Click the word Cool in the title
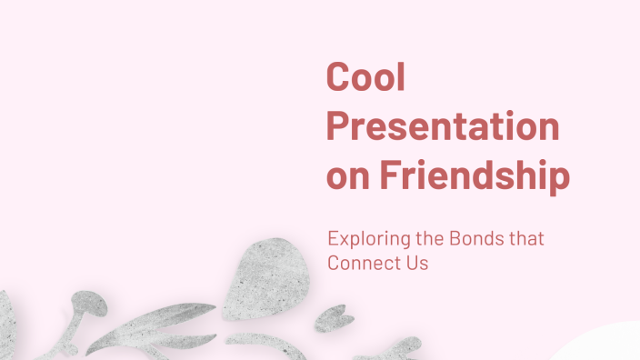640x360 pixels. [365, 78]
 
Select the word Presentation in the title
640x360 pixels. [443, 127]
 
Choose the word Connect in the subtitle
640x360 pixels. [361, 264]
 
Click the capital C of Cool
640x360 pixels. [338, 78]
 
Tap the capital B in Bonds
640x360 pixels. [455, 240]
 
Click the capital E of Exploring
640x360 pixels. [333, 240]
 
